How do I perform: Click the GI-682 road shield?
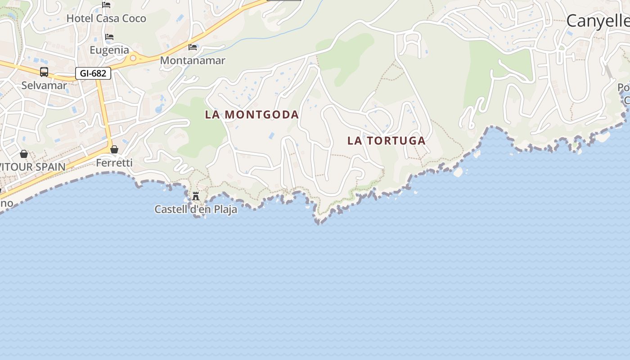[x=93, y=73]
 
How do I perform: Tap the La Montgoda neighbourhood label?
[x=252, y=115]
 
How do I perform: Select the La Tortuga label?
[x=386, y=141]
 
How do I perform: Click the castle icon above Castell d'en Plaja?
[x=196, y=196]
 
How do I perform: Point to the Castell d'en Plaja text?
[x=196, y=209]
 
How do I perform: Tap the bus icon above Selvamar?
[x=44, y=72]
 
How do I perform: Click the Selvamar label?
[x=44, y=85]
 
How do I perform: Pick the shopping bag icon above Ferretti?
[x=114, y=149]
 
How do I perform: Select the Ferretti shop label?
[x=114, y=163]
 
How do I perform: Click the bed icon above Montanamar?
[x=193, y=47]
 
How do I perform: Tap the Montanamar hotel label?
[x=193, y=60]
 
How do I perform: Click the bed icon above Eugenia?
[x=109, y=37]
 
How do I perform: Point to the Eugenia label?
[x=109, y=50]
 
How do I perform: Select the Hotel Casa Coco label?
[x=106, y=18]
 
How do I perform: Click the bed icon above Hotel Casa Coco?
[x=106, y=5]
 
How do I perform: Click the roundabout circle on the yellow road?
[x=133, y=58]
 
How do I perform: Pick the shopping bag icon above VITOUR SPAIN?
[x=24, y=154]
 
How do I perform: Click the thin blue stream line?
[x=270, y=36]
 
